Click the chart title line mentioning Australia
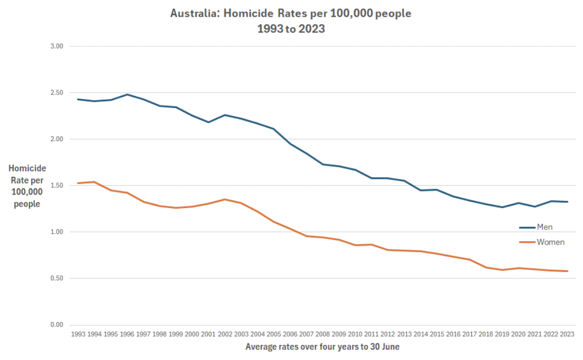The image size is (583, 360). click(290, 14)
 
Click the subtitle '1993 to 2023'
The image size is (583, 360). click(290, 29)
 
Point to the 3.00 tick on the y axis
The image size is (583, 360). click(56, 46)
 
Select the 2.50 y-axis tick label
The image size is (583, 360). click(56, 93)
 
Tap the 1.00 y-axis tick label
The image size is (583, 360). click(56, 232)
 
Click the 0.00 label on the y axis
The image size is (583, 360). click(56, 325)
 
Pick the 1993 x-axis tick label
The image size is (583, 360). click(78, 334)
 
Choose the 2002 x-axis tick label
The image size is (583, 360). click(224, 334)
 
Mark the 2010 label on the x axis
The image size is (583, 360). click(355, 334)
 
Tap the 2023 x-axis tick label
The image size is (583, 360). click(566, 334)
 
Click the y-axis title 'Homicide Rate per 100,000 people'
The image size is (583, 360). click(27, 186)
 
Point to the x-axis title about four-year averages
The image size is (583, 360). click(323, 346)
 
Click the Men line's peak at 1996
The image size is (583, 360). click(127, 94)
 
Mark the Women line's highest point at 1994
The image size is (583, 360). click(94, 182)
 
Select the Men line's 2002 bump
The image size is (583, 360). click(224, 115)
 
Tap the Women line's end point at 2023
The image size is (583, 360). click(567, 271)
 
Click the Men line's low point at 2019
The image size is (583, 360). click(502, 207)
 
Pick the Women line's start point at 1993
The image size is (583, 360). click(78, 183)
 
